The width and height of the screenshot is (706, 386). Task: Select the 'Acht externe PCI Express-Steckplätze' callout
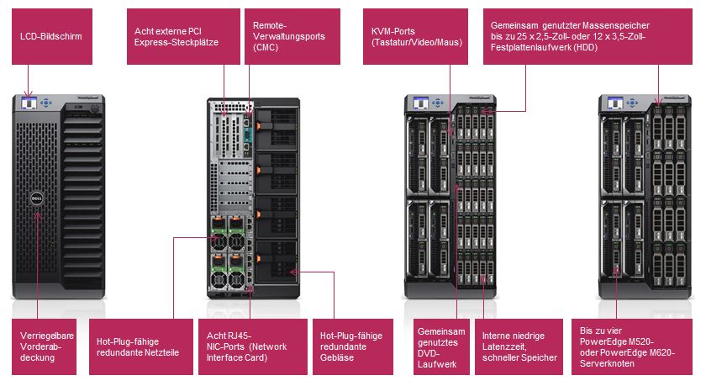coord(180,37)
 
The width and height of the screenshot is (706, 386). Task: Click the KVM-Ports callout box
coord(414,37)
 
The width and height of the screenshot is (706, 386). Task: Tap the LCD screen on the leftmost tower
coord(29,103)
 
